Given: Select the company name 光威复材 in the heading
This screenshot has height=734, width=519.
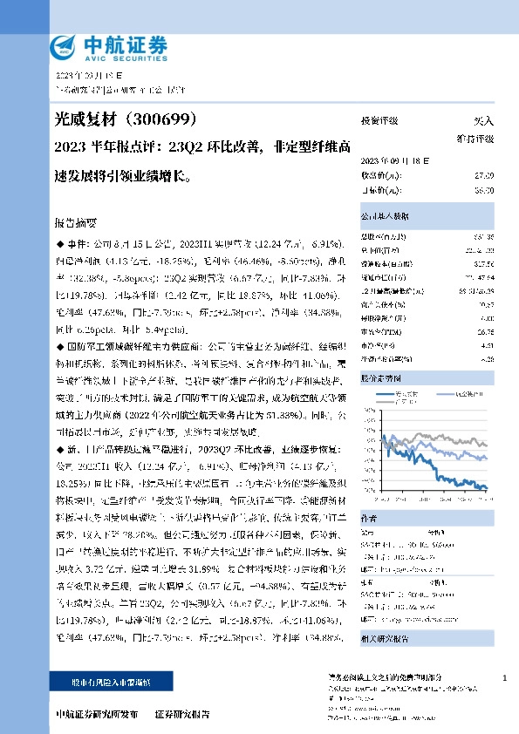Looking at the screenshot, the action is tap(79, 119).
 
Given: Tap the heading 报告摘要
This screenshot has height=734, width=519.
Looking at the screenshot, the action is tap(75, 222).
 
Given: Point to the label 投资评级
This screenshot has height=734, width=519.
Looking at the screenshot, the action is tap(379, 121).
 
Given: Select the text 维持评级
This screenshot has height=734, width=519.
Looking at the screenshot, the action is tap(476, 138).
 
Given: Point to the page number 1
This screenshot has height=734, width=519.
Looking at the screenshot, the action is tap(505, 676).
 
